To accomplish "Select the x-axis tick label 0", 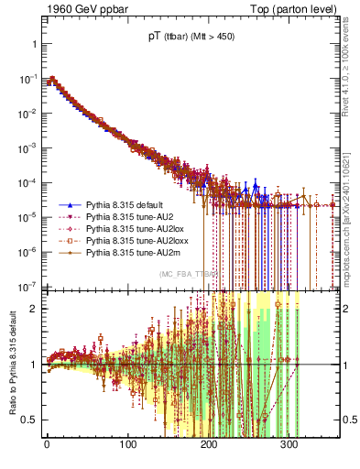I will [47, 445].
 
